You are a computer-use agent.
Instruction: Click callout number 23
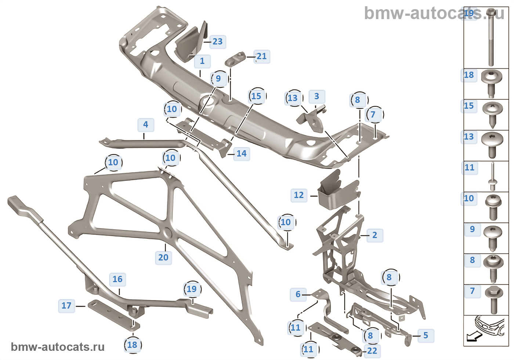(218, 42)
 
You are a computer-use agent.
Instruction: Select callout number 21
(262, 56)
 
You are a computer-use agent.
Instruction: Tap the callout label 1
(202, 61)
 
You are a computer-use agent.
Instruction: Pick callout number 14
(241, 154)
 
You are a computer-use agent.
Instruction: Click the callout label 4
(146, 125)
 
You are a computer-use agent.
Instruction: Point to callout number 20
(163, 258)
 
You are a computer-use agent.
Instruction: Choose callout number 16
(117, 279)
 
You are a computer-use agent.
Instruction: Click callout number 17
(66, 306)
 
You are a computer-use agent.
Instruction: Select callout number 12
(299, 195)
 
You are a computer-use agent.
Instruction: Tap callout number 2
(374, 235)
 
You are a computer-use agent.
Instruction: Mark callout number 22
(372, 351)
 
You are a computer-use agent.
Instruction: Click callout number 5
(426, 335)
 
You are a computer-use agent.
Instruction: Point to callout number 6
(298, 294)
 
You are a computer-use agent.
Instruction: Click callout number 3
(316, 96)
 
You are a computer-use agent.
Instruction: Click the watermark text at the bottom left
(58, 347)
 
